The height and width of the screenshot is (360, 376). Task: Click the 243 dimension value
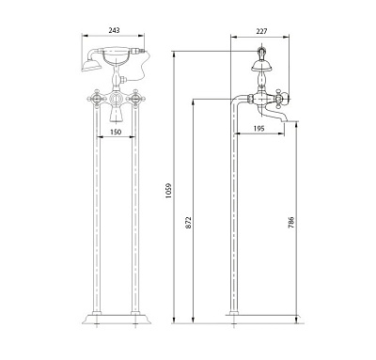(114, 30)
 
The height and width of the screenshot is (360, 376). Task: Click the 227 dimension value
(261, 31)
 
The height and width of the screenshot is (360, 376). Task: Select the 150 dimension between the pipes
(116, 132)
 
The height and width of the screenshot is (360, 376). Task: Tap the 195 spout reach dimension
(258, 129)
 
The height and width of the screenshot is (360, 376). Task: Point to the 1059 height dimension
(168, 192)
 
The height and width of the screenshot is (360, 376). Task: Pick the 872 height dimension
(188, 222)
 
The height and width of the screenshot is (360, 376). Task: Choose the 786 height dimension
(291, 222)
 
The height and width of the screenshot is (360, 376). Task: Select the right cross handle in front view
(135, 100)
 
